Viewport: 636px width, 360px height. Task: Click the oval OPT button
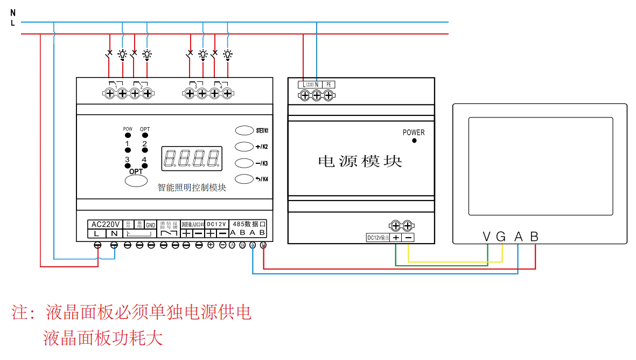coord(136,181)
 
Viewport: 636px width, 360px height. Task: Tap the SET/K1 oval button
coord(244,130)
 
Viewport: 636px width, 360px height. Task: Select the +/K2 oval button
coord(244,147)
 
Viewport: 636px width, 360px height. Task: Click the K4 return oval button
coord(244,179)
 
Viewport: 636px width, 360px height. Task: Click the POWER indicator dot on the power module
coord(414,141)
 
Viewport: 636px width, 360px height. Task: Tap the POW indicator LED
coord(128,136)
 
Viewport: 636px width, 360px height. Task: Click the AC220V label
coord(106,224)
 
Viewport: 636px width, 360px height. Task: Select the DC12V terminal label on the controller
coord(216,224)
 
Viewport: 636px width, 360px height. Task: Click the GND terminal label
coord(151,225)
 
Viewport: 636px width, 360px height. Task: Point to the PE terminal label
coord(330,85)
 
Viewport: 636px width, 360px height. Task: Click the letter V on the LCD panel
coord(487,237)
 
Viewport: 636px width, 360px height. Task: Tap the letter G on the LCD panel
coord(501,237)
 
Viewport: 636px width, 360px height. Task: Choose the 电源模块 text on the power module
coord(360,161)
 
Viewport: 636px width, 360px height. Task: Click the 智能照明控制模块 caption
coord(192,188)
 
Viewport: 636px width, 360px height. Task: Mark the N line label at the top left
coord(13,12)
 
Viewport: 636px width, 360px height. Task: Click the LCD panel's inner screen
coord(540,166)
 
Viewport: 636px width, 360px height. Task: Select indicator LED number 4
coord(145,166)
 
